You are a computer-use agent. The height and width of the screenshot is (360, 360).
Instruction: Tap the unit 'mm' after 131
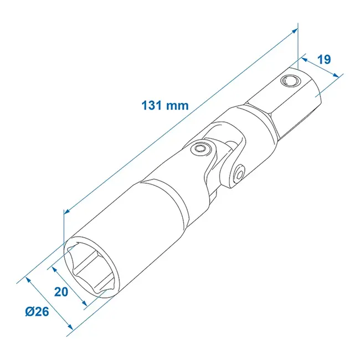click(178, 105)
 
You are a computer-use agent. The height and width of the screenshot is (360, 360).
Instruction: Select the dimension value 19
click(326, 59)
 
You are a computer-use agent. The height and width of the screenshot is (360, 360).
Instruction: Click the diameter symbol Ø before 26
click(30, 312)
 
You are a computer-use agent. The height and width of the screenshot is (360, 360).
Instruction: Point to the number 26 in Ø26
click(42, 312)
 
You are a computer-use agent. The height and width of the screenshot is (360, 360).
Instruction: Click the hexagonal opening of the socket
click(91, 266)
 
